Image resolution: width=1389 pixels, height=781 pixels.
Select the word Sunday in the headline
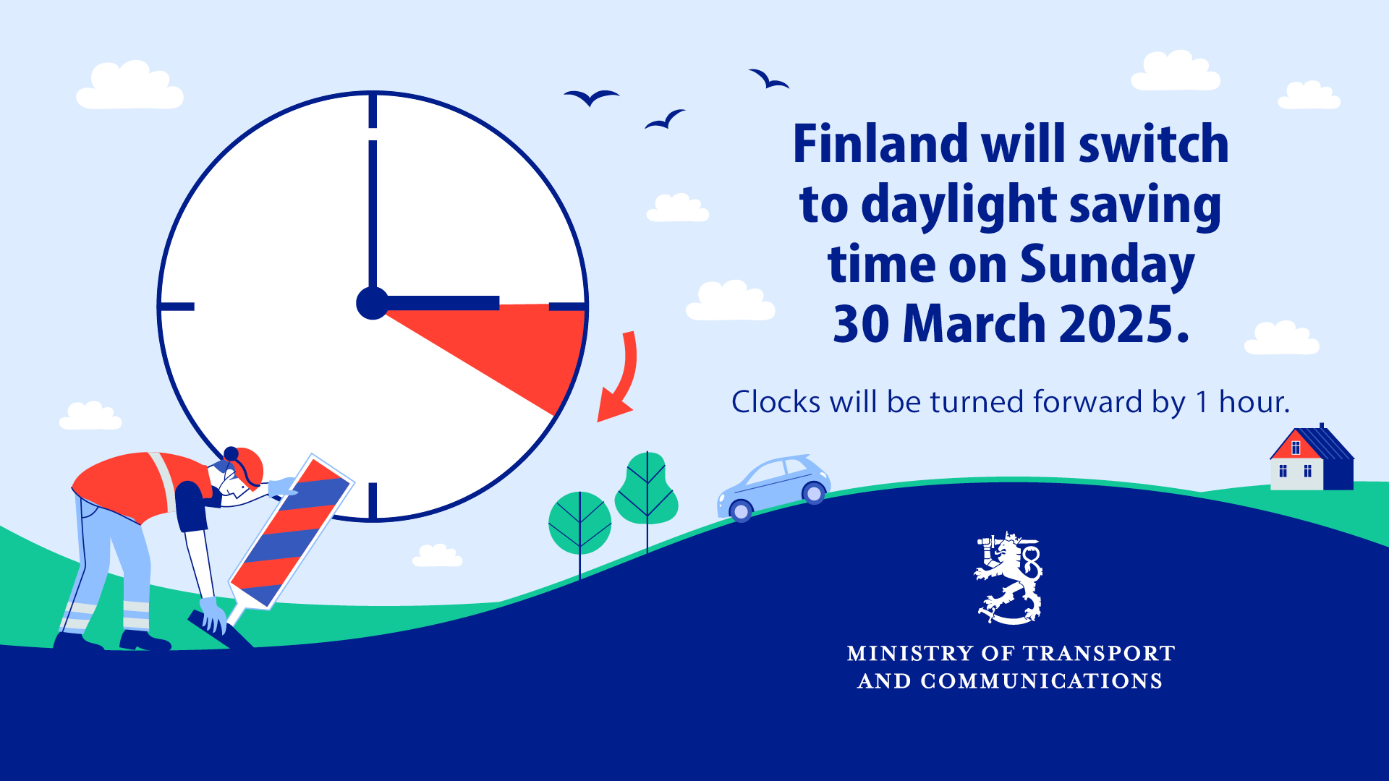click(x=1107, y=266)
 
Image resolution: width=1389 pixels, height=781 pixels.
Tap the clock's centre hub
click(x=373, y=303)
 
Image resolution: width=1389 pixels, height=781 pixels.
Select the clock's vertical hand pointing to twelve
click(x=373, y=217)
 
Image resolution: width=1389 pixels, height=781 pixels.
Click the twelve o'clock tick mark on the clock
click(x=373, y=110)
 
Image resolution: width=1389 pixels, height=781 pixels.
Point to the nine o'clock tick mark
click(x=177, y=307)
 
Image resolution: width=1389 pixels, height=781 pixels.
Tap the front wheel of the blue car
click(x=741, y=511)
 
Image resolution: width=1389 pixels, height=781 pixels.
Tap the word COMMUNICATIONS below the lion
click(x=1041, y=681)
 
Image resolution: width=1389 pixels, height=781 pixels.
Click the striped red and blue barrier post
click(x=292, y=532)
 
